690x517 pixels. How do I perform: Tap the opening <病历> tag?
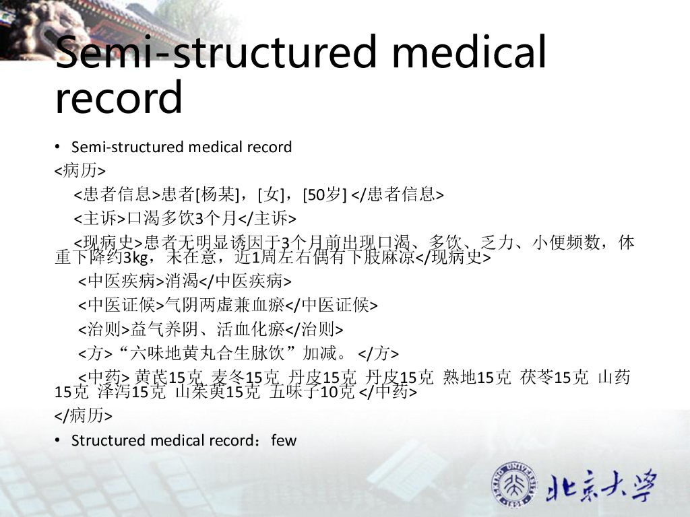point(80,170)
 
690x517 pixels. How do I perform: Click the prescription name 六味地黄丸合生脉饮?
point(210,353)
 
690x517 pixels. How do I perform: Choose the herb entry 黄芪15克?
point(169,378)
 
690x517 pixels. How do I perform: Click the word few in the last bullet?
point(284,440)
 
